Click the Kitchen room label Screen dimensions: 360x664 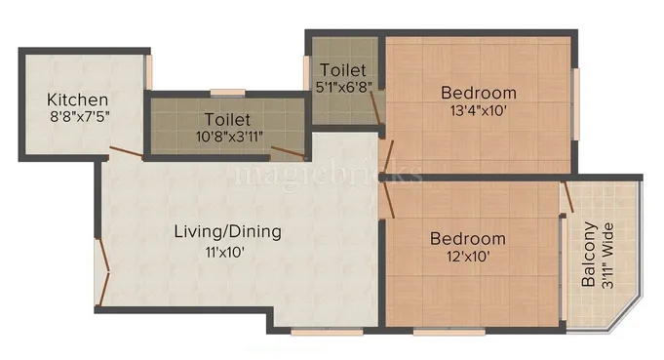coord(78,100)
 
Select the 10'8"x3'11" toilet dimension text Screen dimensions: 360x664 coord(226,138)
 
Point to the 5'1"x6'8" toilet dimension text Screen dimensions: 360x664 coord(344,88)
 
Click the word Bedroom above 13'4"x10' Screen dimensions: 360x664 coord(479,93)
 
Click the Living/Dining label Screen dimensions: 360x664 coord(227,232)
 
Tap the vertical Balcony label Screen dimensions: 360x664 coord(589,256)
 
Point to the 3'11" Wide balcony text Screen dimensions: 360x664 coord(608,256)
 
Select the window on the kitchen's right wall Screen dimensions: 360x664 coord(149,73)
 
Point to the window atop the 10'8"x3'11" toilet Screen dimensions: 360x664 coord(226,93)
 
